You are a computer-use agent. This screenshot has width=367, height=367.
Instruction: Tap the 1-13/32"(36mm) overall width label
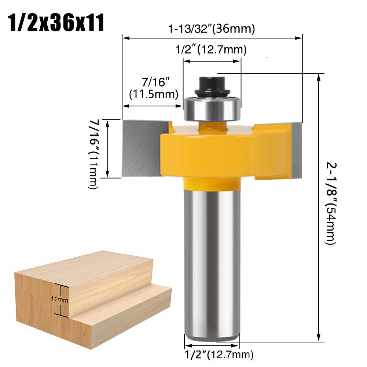(x=212, y=29)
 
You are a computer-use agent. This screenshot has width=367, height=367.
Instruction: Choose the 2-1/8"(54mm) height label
(x=330, y=203)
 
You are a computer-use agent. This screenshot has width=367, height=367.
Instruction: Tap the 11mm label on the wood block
(x=59, y=300)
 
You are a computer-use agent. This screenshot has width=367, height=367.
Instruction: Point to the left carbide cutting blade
(x=141, y=147)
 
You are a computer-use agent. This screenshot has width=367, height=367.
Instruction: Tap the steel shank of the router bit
(x=212, y=257)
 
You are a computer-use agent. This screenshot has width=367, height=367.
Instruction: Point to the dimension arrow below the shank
(x=212, y=345)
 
